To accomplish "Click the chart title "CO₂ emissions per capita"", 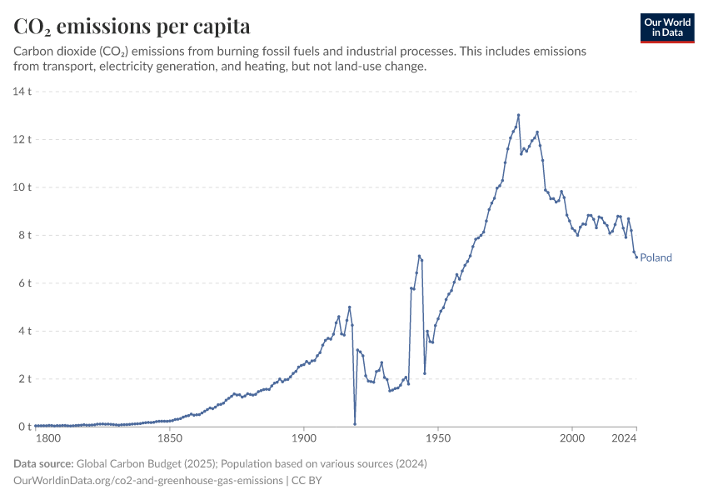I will [132, 27].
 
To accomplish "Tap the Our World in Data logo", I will [667, 28].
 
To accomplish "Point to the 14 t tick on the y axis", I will [21, 91].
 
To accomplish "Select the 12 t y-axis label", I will [21, 139].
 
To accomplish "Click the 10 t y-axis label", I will [21, 187].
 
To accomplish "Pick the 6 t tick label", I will [23, 283].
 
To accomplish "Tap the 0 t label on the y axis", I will [23, 427].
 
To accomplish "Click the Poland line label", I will [656, 257].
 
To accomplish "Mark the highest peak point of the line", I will [518, 115].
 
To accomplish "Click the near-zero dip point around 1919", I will [355, 423].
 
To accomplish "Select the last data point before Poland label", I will [636, 257].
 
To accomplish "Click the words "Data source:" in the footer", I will [43, 463].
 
